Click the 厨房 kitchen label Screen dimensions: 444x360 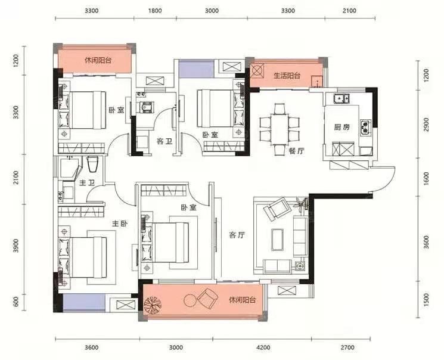[341, 128]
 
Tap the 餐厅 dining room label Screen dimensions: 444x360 [297, 151]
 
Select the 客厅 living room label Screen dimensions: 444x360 [237, 235]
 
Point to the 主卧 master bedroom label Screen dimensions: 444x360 [120, 224]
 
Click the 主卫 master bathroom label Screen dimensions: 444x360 [86, 183]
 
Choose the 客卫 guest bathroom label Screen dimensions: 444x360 [164, 141]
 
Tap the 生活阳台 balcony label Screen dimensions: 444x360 [287, 76]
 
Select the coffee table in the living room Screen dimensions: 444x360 [278, 240]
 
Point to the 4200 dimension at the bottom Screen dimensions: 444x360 [263, 347]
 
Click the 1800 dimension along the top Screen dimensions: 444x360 [155, 11]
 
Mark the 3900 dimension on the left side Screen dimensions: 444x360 [16, 246]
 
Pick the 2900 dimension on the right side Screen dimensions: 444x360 [427, 125]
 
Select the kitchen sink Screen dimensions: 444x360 [341, 98]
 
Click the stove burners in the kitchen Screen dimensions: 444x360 [365, 126]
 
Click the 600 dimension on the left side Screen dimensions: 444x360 [16, 302]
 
